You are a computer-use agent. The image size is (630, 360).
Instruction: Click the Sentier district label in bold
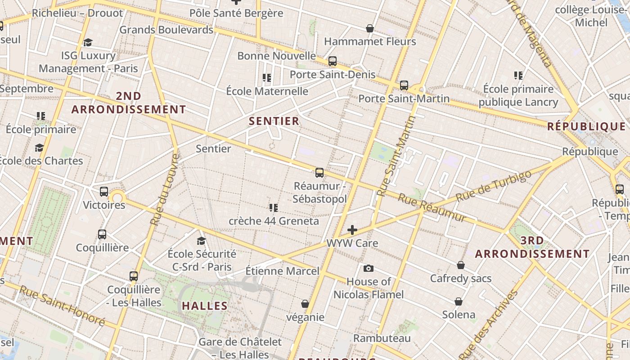click(x=274, y=121)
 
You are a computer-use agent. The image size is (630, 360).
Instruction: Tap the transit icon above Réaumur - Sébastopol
click(x=319, y=172)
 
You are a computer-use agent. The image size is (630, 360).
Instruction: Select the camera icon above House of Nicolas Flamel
click(x=369, y=269)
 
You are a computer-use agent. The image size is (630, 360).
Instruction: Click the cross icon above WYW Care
click(x=352, y=230)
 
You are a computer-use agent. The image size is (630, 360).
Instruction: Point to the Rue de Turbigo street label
click(x=490, y=186)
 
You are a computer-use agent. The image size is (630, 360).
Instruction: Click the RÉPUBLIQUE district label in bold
click(x=586, y=126)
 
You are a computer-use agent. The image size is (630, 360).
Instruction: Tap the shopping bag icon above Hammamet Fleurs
click(x=370, y=29)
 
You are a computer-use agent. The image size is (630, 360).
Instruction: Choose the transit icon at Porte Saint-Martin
click(x=404, y=85)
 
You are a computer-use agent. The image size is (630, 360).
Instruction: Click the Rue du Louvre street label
click(x=164, y=189)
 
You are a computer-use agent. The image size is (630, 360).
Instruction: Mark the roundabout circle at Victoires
click(x=117, y=197)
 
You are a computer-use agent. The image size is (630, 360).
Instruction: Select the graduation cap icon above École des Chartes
click(x=40, y=148)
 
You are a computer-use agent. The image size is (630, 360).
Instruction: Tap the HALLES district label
click(x=205, y=306)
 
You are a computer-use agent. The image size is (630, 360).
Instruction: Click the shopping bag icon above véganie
click(x=305, y=304)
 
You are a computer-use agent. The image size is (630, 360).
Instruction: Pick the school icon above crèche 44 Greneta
click(x=273, y=207)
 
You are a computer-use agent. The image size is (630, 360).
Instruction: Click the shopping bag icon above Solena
click(x=459, y=301)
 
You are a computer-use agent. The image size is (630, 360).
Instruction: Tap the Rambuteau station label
click(x=382, y=338)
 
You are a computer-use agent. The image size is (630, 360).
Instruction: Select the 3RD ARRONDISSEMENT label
click(x=532, y=247)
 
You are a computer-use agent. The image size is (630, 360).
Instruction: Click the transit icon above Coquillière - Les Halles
click(x=134, y=276)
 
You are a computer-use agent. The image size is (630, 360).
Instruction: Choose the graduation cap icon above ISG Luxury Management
click(x=88, y=42)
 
